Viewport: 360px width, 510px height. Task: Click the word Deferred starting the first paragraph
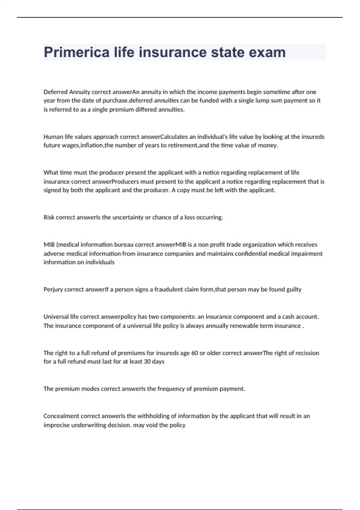click(x=55, y=92)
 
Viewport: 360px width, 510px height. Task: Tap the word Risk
click(x=49, y=217)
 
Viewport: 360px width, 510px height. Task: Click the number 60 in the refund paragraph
click(x=194, y=353)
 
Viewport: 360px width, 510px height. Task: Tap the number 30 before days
click(x=147, y=361)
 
